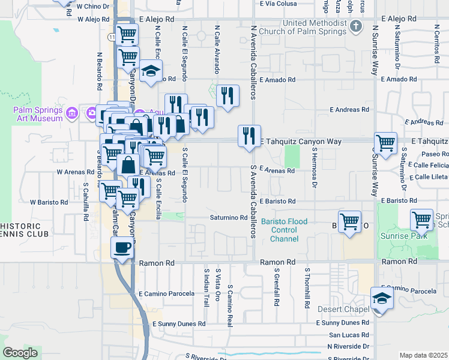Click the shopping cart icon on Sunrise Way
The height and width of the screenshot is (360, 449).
[386, 143]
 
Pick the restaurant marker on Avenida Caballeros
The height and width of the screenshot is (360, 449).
[249, 136]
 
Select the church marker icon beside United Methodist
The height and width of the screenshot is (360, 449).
[357, 26]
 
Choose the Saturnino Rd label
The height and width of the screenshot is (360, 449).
[228, 217]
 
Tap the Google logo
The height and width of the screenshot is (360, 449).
[20, 353]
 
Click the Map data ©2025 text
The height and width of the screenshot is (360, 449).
[423, 355]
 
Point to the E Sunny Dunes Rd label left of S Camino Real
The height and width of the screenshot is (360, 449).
[178, 323]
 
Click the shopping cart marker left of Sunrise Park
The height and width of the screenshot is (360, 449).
[349, 221]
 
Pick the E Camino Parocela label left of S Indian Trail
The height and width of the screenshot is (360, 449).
[167, 294]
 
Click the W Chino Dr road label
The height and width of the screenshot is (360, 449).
[93, 5]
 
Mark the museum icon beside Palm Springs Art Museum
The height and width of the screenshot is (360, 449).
[72, 112]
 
